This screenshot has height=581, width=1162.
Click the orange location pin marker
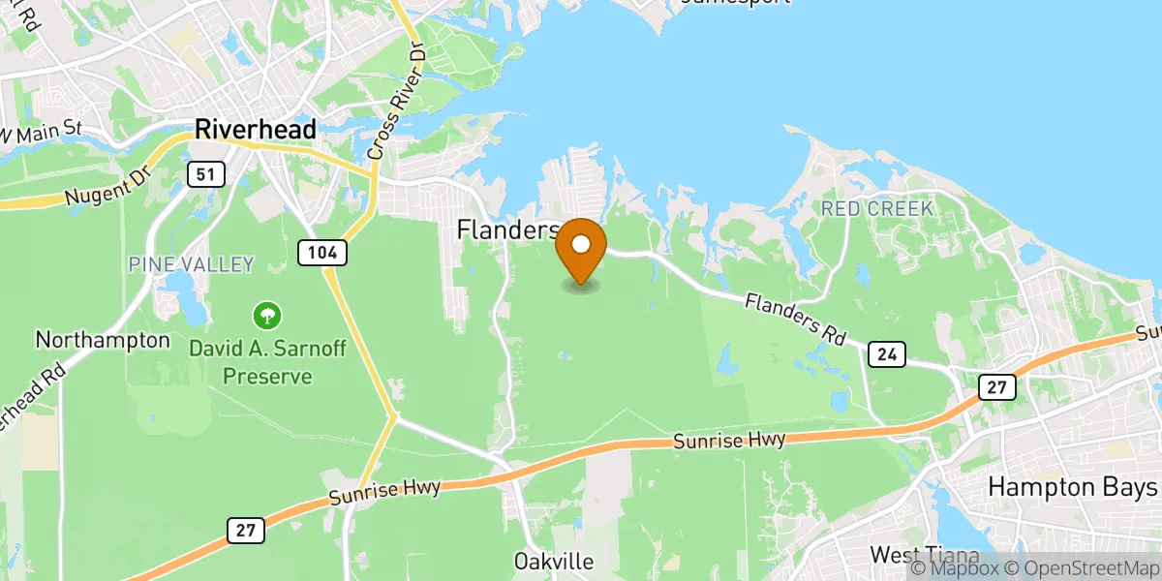581,250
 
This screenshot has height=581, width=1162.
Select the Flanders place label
507,230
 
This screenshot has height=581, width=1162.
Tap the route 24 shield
886,354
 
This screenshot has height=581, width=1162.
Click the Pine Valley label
190,264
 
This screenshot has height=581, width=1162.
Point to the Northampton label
103,341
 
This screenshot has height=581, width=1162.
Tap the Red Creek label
876,208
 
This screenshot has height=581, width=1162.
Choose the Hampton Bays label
1073,487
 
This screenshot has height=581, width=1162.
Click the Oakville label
553,562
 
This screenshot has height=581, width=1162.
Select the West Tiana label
919,555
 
